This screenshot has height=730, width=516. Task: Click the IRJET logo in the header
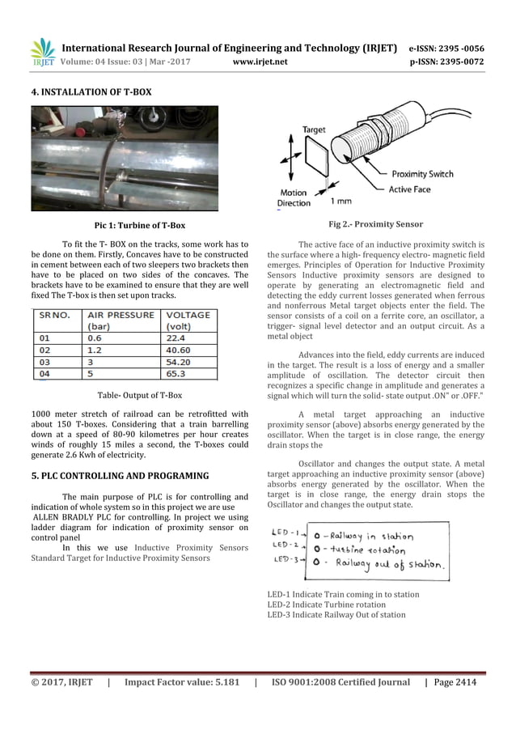pyautogui.click(x=42, y=52)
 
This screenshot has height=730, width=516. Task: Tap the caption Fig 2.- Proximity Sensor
pyautogui.click(x=375, y=224)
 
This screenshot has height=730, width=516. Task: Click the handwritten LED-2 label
pyautogui.click(x=285, y=546)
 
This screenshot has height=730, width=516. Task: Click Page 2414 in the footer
pyautogui.click(x=455, y=682)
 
